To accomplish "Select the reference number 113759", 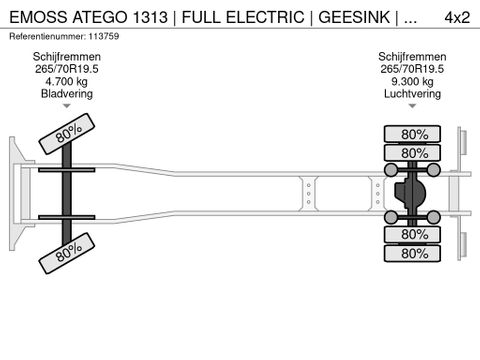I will (x=107, y=36).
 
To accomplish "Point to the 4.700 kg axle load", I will (x=67, y=82).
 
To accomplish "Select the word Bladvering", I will (x=67, y=94).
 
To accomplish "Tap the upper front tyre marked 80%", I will (x=68, y=133).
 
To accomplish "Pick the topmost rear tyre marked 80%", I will (x=414, y=134).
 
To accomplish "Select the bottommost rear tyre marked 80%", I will (x=414, y=253).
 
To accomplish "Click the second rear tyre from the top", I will (x=414, y=153).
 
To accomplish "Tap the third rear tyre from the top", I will (x=414, y=234).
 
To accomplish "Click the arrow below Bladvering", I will (x=67, y=106).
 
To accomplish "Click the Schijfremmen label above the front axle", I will (x=67, y=58).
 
